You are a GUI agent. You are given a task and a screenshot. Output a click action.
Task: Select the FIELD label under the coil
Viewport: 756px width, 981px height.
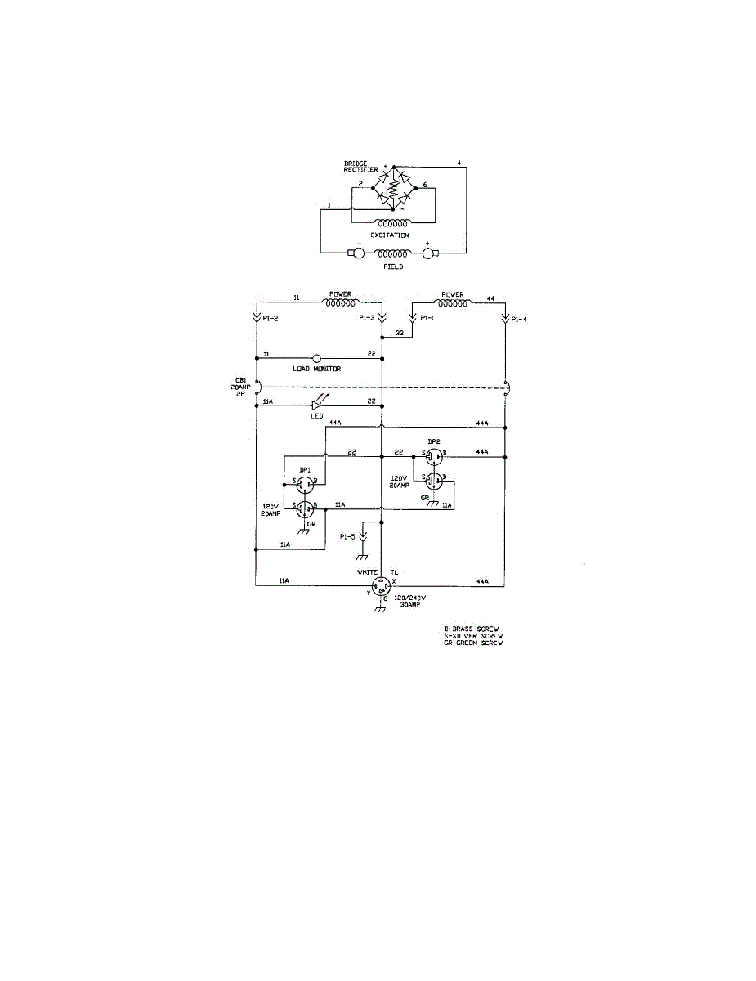(x=393, y=267)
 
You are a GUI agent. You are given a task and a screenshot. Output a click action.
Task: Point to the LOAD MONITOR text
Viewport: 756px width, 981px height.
(x=316, y=369)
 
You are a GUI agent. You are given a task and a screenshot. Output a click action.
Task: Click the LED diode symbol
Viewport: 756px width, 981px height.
(x=318, y=403)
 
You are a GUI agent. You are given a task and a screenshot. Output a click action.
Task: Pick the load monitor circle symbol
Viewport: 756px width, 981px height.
(x=316, y=358)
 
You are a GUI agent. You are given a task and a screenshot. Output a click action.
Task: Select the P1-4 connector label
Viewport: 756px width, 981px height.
(x=521, y=320)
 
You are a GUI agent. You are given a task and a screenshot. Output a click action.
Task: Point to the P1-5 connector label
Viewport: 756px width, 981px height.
(x=347, y=536)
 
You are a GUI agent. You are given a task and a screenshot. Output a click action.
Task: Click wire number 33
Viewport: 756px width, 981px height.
(x=400, y=334)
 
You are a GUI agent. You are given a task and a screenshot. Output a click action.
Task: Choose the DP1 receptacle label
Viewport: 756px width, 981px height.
(x=305, y=469)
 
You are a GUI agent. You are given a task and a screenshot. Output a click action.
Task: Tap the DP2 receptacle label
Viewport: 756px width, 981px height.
(x=433, y=441)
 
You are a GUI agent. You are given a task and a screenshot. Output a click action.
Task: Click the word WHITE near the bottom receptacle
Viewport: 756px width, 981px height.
(x=367, y=572)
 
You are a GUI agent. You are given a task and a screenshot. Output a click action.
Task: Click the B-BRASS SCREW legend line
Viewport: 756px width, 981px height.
(x=472, y=629)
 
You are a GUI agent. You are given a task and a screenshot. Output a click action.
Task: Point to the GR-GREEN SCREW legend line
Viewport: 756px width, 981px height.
(x=473, y=643)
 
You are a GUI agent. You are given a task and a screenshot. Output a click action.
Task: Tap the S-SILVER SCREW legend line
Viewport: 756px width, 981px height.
(x=473, y=635)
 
